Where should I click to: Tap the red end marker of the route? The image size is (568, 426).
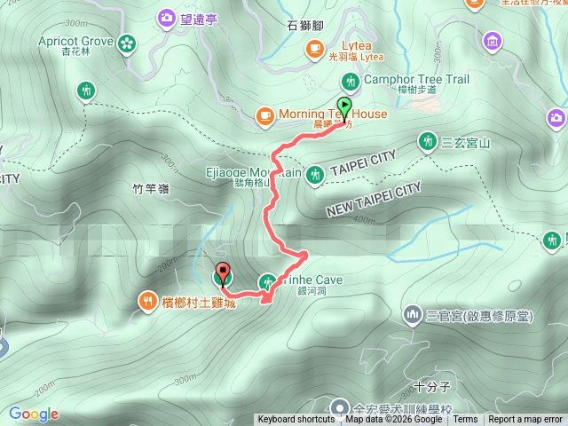click(222, 273)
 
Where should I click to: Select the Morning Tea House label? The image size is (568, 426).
click(333, 114)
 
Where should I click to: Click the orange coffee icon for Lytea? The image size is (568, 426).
click(313, 48)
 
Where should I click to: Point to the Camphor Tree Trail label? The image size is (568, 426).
click(417, 79)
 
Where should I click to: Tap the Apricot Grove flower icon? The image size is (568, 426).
click(127, 42)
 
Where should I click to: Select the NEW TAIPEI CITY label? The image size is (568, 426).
click(373, 201)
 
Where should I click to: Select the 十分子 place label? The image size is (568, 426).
click(433, 387)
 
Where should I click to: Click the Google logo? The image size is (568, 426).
click(34, 414)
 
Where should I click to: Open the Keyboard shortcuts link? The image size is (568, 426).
click(296, 420)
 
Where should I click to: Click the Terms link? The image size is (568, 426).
click(465, 420)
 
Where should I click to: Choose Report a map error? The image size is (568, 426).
click(525, 420)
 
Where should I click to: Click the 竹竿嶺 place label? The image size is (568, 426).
click(149, 189)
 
